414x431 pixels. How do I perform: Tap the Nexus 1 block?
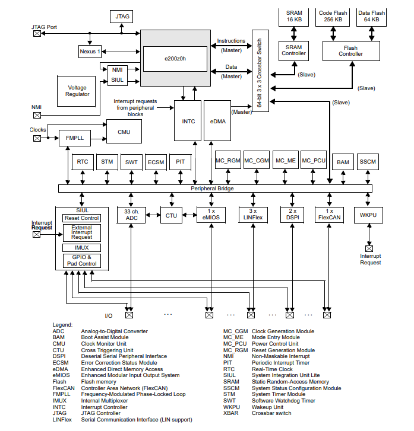tap(90, 52)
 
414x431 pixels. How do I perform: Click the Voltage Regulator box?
tap(77, 91)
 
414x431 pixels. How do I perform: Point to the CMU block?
tap(124, 132)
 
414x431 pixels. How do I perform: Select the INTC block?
tap(188, 122)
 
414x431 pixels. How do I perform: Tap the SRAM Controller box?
tap(293, 50)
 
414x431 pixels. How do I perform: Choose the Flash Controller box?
tap(350, 50)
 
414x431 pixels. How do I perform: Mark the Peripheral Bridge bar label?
tap(212, 189)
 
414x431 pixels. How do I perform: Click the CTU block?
tap(171, 215)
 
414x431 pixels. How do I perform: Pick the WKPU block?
tap(368, 215)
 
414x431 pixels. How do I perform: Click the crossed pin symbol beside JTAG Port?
tap(37, 34)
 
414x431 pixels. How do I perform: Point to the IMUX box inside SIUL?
tap(81, 247)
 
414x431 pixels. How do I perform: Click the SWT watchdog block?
tap(131, 162)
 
